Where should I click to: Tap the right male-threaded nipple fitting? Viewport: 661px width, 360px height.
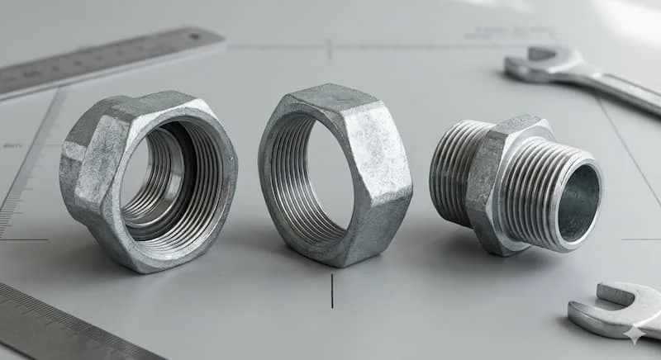(516, 185)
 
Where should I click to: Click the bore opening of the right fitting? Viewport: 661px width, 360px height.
(578, 203)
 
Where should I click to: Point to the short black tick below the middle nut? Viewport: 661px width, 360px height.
(332, 290)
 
